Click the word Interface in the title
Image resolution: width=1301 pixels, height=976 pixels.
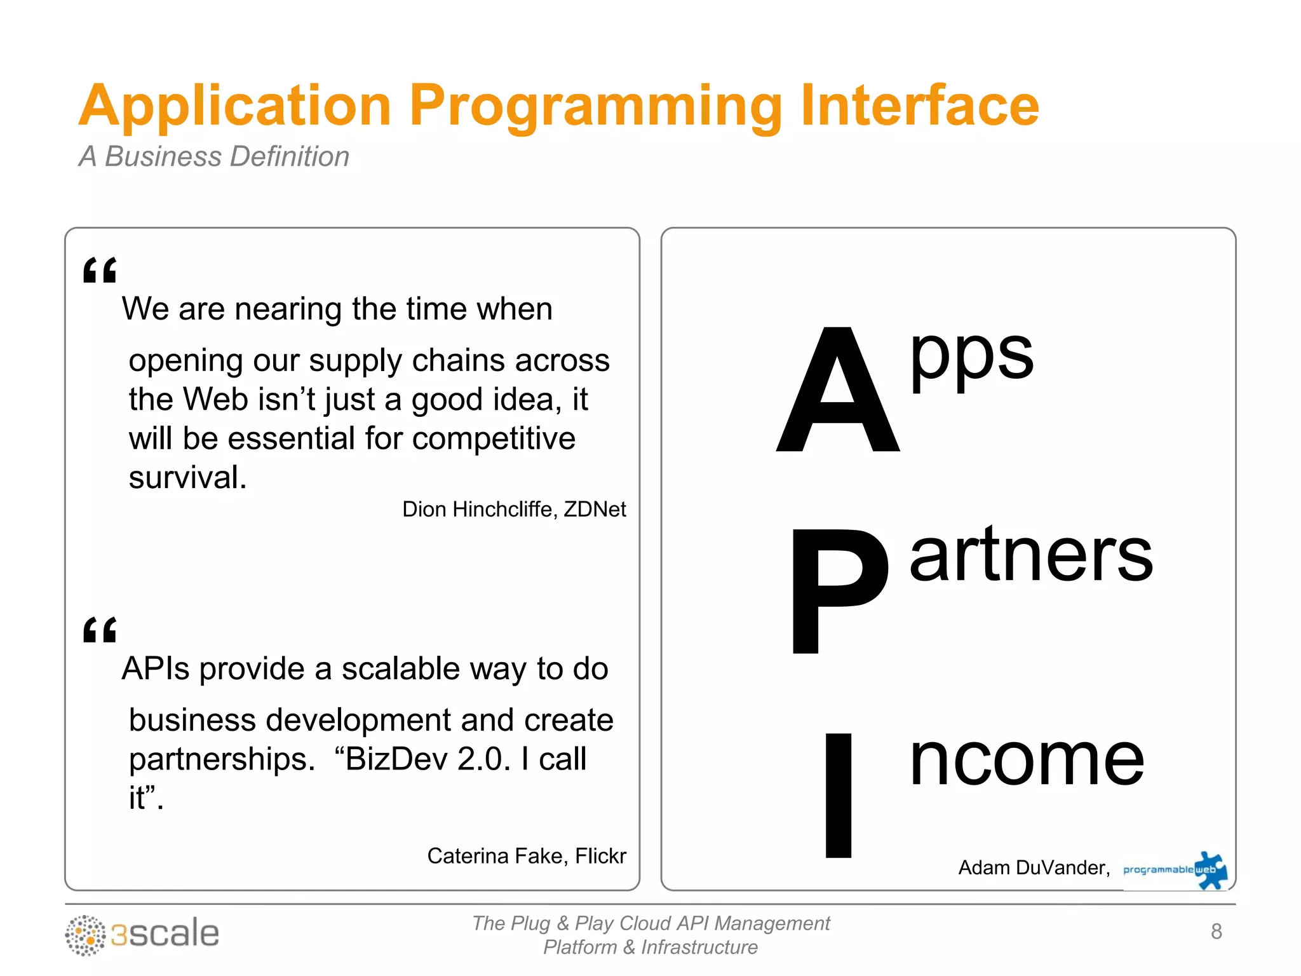point(919,106)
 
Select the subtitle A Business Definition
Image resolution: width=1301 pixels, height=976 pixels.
point(214,156)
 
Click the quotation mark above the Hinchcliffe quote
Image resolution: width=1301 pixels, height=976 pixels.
point(100,270)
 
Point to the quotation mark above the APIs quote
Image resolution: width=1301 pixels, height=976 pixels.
point(100,630)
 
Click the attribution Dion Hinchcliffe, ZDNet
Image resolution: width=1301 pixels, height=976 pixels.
point(513,509)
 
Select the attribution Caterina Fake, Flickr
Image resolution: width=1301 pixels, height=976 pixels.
point(526,856)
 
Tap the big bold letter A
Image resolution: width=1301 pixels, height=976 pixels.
point(837,391)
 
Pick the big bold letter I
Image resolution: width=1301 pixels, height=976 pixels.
point(838,795)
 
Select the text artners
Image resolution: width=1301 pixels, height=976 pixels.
point(1030,555)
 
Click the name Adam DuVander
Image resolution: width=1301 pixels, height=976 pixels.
point(1033,867)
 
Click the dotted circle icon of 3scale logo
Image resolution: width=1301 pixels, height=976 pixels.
point(85,935)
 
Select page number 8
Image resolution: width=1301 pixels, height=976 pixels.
point(1216,932)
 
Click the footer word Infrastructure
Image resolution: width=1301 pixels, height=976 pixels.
point(699,947)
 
